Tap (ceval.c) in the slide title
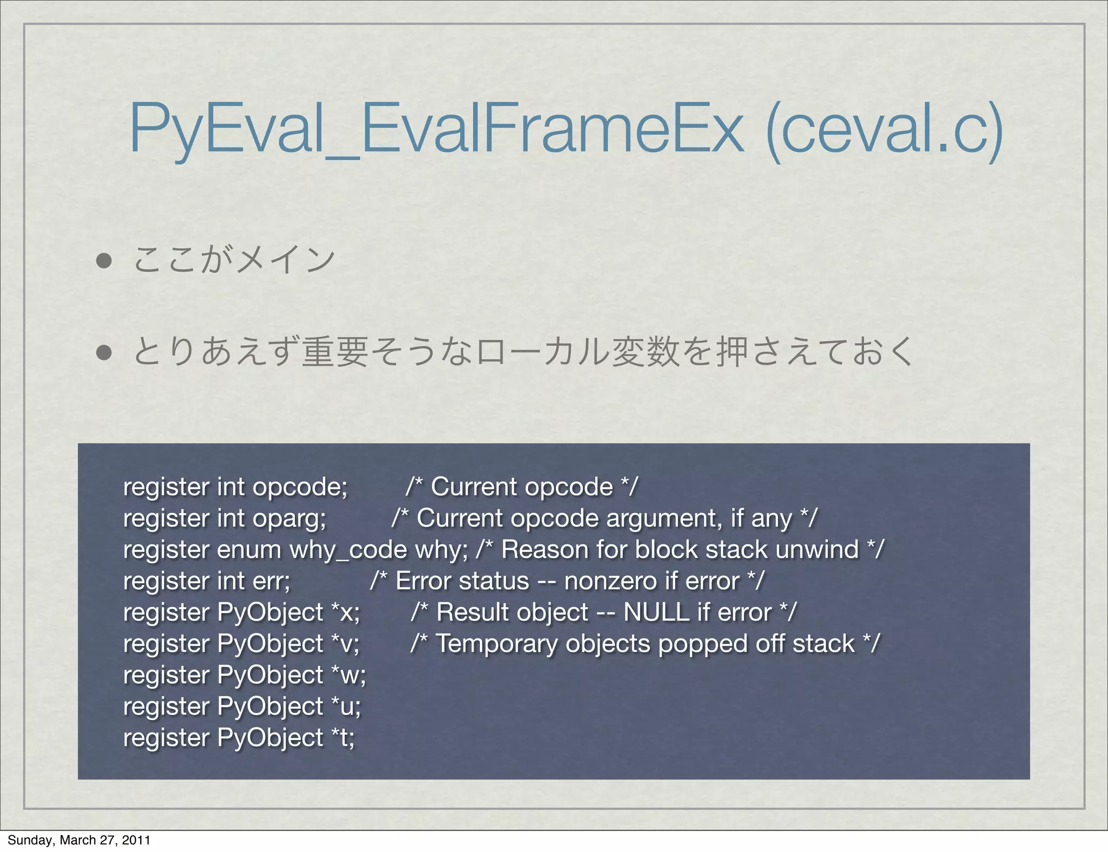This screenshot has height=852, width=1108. [885, 130]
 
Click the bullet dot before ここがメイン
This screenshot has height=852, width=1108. [104, 261]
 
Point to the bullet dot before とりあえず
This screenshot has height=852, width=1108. [104, 352]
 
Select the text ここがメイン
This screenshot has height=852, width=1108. [234, 260]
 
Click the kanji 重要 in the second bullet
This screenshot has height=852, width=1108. [335, 352]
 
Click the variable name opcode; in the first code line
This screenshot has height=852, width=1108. [300, 487]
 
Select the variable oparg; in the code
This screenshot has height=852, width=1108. [289, 518]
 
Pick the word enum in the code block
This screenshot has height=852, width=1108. [249, 550]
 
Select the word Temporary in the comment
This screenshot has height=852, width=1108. [497, 644]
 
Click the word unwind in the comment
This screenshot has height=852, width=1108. [817, 550]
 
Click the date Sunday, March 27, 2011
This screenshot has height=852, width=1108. [79, 840]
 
